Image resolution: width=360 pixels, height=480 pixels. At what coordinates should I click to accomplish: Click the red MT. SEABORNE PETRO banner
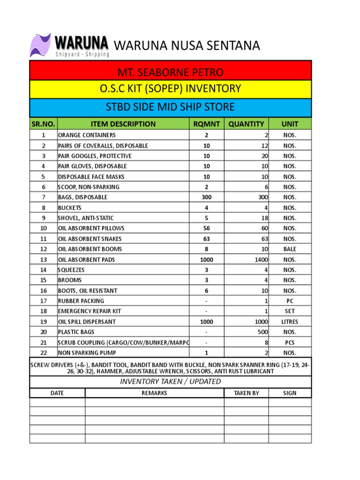coord(171,72)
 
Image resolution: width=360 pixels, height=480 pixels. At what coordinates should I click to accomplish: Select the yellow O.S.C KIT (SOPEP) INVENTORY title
coord(171,89)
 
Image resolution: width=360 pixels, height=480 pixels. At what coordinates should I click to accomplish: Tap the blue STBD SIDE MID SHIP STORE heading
coord(171,107)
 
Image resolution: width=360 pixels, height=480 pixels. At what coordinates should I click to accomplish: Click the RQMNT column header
coord(206,124)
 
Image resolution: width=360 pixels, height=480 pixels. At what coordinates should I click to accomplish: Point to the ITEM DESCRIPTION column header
coord(123,124)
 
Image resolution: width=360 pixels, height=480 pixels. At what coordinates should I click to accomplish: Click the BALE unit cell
coord(290,249)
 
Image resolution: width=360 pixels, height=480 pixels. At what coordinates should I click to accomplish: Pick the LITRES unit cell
coord(290,322)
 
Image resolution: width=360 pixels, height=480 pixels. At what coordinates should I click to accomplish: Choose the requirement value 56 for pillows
coord(206,228)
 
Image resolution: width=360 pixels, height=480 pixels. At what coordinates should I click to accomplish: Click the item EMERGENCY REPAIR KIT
coord(88,311)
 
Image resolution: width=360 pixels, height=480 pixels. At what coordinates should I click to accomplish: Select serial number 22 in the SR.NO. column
coord(44,353)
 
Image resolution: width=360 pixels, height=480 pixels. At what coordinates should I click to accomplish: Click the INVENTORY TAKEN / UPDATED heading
coord(171,382)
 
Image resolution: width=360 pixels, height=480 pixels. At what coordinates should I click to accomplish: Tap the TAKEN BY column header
coord(246,393)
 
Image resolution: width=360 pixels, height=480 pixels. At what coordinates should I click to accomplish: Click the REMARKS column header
coord(154,393)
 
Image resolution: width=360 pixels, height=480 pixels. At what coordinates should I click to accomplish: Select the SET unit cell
coord(290,311)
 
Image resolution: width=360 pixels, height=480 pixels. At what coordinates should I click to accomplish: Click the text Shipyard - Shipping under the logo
coord(82,54)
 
